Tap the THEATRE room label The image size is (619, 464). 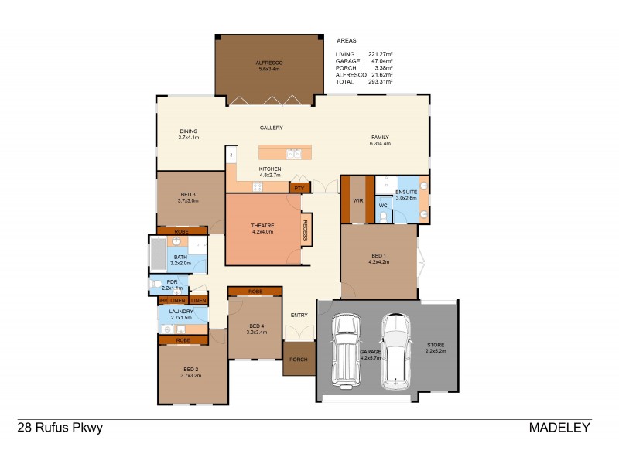coord(263,225)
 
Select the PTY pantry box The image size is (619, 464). coord(299,186)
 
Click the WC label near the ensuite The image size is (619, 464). coord(383,206)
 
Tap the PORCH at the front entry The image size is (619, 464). coord(298,360)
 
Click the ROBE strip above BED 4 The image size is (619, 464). coord(255,292)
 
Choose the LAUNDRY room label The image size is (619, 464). coord(180,311)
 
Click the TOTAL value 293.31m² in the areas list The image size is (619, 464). coord(380,81)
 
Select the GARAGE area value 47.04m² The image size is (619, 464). coord(380,61)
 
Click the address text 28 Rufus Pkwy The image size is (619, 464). coord(60,427)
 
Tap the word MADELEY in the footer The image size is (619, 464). coord(559,427)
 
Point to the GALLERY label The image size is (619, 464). coord(271,128)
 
